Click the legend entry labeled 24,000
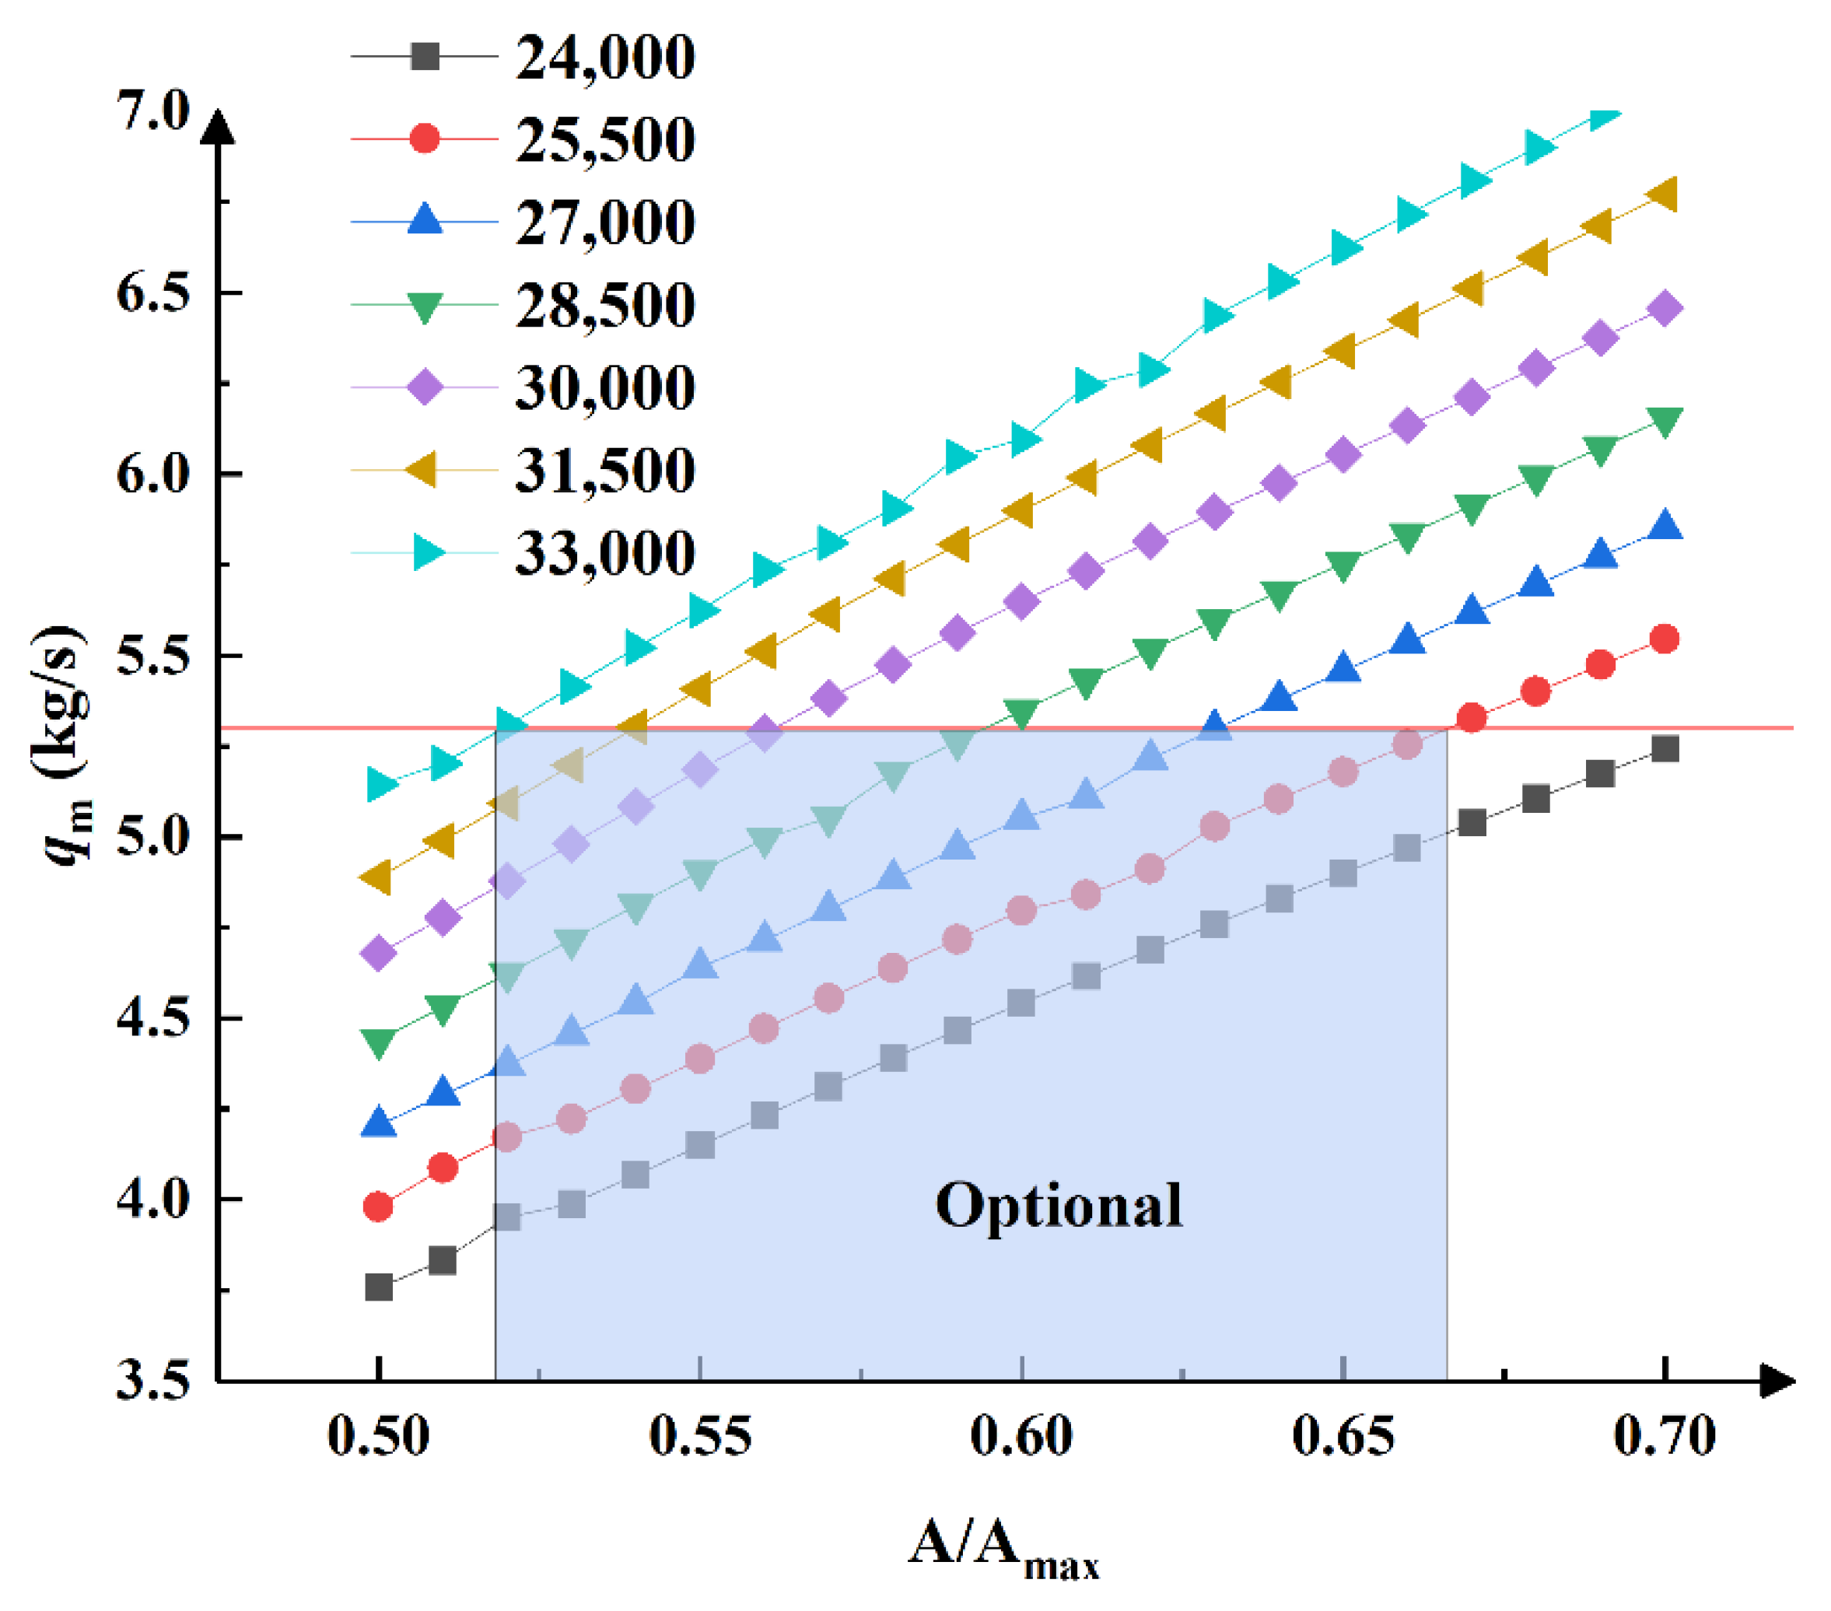pyautogui.click(x=604, y=58)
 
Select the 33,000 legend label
pyautogui.click(x=604, y=553)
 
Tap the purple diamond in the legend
pyautogui.click(x=424, y=388)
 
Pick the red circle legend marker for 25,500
pyautogui.click(x=424, y=139)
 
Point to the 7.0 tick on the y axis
pyautogui.click(x=153, y=111)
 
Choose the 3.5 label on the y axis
pyautogui.click(x=153, y=1381)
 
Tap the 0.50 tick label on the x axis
pyautogui.click(x=378, y=1436)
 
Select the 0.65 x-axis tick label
pyautogui.click(x=1342, y=1436)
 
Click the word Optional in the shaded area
pyautogui.click(x=1058, y=1205)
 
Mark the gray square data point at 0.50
pyautogui.click(x=379, y=1287)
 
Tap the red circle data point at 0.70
pyautogui.click(x=1664, y=639)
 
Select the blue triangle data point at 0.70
pyautogui.click(x=1665, y=525)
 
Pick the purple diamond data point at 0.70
pyautogui.click(x=1665, y=308)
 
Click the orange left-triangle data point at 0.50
pyautogui.click(x=376, y=877)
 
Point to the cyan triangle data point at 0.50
pyautogui.click(x=383, y=785)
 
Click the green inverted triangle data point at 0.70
pyautogui.click(x=1665, y=421)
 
